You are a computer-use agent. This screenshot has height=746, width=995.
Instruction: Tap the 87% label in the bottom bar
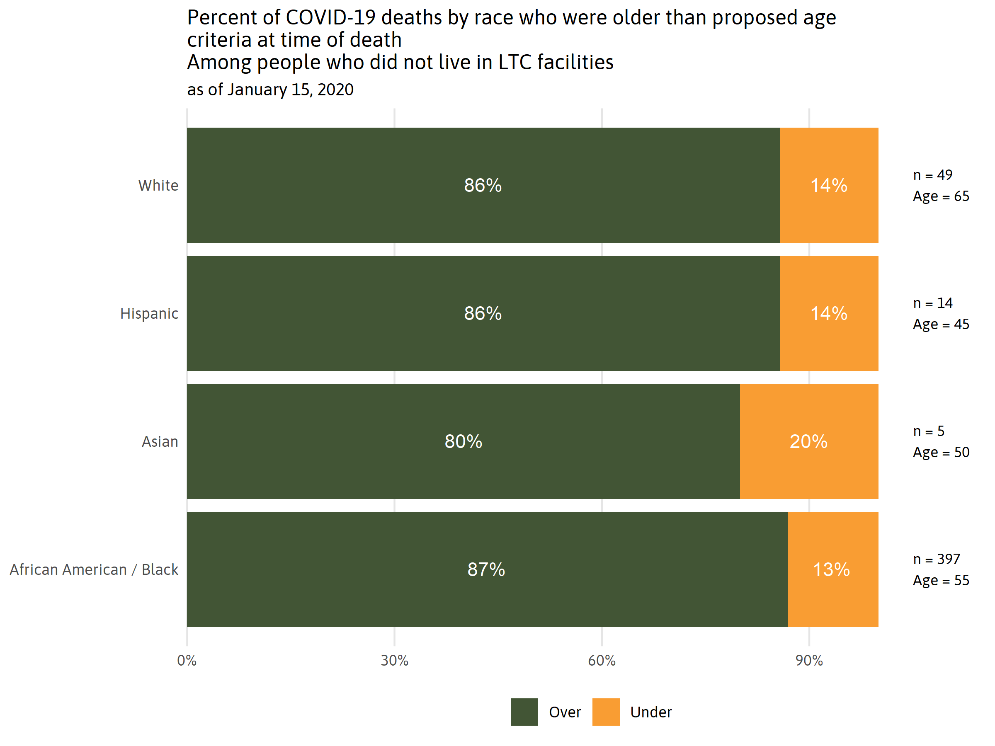pyautogui.click(x=486, y=569)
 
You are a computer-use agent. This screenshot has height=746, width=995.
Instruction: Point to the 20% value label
pyautogui.click(x=808, y=441)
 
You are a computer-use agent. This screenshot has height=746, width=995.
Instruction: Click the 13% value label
pyautogui.click(x=831, y=570)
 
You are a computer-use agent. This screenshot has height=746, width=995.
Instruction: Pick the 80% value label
pyautogui.click(x=464, y=441)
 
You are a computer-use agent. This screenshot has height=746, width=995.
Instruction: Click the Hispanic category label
pyautogui.click(x=149, y=313)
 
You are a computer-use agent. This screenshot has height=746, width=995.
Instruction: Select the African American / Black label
pyautogui.click(x=94, y=570)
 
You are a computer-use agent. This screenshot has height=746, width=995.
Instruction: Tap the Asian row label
pyautogui.click(x=160, y=441)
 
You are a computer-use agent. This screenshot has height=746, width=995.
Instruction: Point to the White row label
pyautogui.click(x=158, y=185)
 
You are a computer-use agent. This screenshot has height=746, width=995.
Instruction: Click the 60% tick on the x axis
pyautogui.click(x=602, y=661)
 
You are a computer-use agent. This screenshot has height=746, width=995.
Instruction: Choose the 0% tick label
pyautogui.click(x=187, y=661)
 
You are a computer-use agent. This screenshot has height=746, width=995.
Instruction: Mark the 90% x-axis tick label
pyautogui.click(x=809, y=661)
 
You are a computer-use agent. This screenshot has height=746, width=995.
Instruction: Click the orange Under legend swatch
pyautogui.click(x=605, y=712)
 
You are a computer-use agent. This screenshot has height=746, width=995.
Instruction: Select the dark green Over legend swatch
pyautogui.click(x=524, y=712)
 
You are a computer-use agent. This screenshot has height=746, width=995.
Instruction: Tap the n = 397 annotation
pyautogui.click(x=937, y=559)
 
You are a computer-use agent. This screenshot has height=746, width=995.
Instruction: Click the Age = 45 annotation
pyautogui.click(x=941, y=324)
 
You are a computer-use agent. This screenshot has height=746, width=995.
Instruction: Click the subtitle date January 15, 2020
pyautogui.click(x=291, y=90)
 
